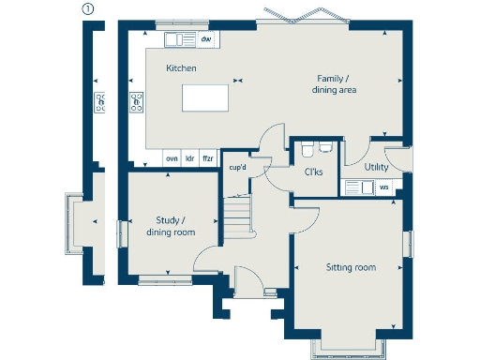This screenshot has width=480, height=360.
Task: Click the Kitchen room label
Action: click(181, 69)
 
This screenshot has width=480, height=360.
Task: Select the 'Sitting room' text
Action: click(350, 268)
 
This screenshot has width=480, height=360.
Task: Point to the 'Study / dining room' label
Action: click(170, 226)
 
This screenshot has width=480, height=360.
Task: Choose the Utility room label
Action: click(377, 166)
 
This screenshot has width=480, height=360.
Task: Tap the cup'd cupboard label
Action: click(237, 168)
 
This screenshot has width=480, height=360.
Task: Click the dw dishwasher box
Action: click(205, 38)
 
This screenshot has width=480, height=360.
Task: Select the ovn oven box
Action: click(172, 159)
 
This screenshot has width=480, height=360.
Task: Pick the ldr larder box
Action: click(189, 159)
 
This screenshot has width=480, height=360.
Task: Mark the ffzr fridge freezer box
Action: click(207, 159)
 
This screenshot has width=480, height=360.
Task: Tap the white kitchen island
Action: click(205, 97)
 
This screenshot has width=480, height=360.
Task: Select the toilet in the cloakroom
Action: click(322, 146)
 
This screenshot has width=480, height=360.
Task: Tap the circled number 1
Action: click(88, 9)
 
